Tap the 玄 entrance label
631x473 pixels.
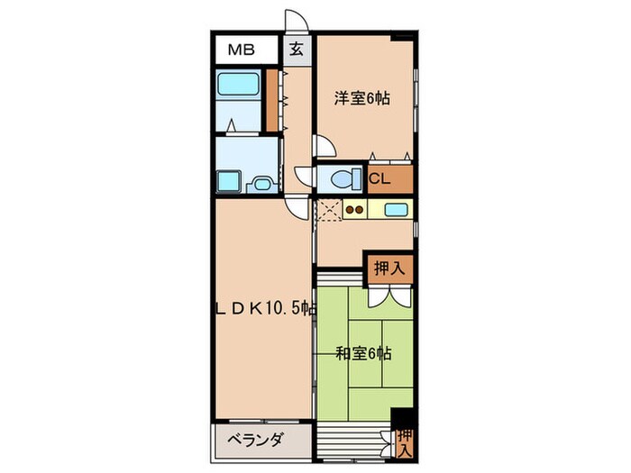click(x=296, y=50)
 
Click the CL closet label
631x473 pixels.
click(x=380, y=178)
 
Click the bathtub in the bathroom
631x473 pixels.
click(x=240, y=87)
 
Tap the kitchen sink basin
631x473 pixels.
click(x=396, y=211)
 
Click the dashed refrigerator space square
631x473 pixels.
click(x=328, y=212)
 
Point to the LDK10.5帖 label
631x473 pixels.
click(x=263, y=307)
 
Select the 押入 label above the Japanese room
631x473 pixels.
click(x=389, y=267)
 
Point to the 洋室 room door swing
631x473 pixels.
click(x=322, y=145)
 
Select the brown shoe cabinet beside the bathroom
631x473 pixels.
click(x=273, y=100)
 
